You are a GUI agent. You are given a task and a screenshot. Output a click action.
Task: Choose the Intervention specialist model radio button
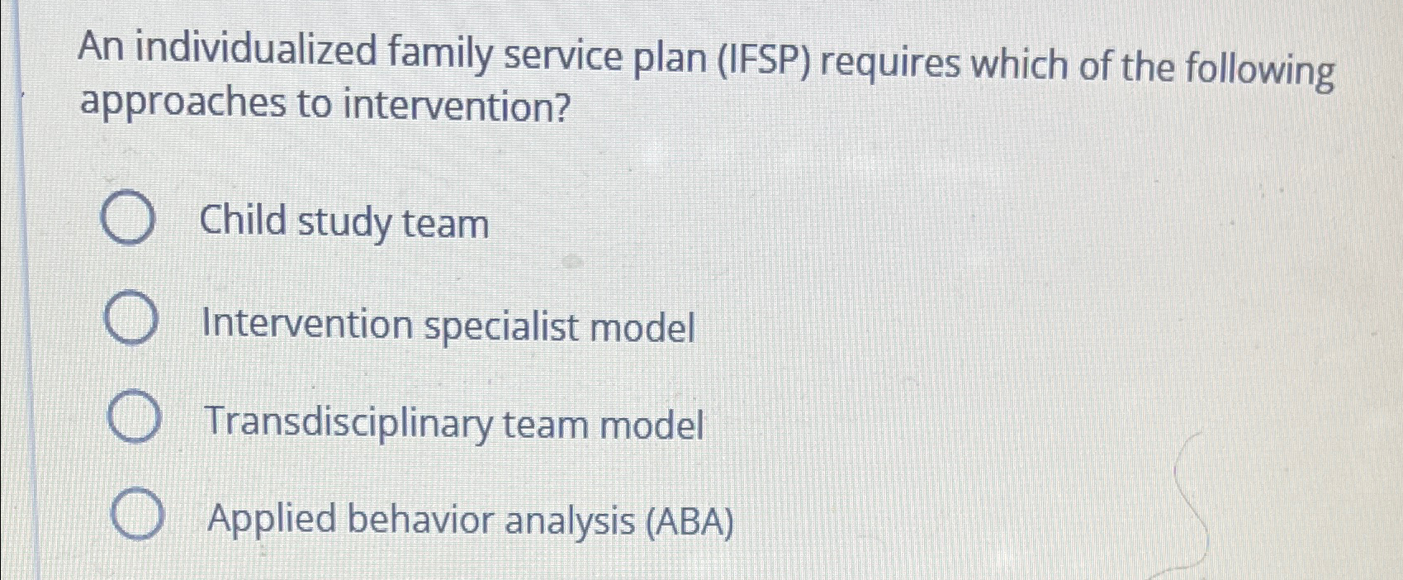coord(131,321)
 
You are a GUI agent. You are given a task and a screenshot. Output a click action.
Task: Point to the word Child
coord(243,221)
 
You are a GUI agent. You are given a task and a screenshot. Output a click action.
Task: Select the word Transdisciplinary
coord(348,422)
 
